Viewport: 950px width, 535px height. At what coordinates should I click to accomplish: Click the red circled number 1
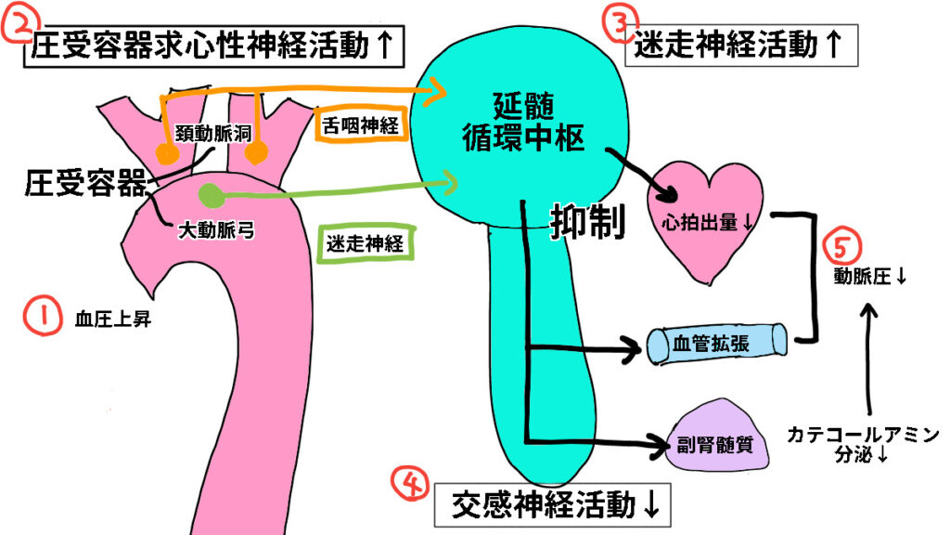(42, 316)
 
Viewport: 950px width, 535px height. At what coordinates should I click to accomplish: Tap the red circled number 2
(17, 24)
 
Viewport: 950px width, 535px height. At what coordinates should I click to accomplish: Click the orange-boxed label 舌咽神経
(361, 125)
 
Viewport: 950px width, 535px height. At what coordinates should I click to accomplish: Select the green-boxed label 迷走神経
(366, 243)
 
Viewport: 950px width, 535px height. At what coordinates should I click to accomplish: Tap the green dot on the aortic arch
(212, 195)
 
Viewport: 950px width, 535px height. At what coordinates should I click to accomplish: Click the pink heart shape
(705, 218)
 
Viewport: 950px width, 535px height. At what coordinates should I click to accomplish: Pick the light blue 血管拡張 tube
(717, 344)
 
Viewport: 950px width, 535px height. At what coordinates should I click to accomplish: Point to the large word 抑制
(587, 222)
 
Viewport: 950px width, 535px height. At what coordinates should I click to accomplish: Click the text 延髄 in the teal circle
(523, 106)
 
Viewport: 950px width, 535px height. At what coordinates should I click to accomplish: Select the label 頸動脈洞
(212, 134)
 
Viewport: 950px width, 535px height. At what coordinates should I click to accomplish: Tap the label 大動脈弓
(216, 230)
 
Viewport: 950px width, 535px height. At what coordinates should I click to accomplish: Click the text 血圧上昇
(113, 320)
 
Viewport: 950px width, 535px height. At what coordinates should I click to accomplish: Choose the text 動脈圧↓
(870, 277)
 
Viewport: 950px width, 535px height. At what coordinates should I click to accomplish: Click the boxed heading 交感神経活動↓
(553, 504)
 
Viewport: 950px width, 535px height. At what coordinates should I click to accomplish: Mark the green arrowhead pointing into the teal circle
(448, 181)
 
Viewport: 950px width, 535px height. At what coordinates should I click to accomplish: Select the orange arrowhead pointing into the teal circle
(438, 92)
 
